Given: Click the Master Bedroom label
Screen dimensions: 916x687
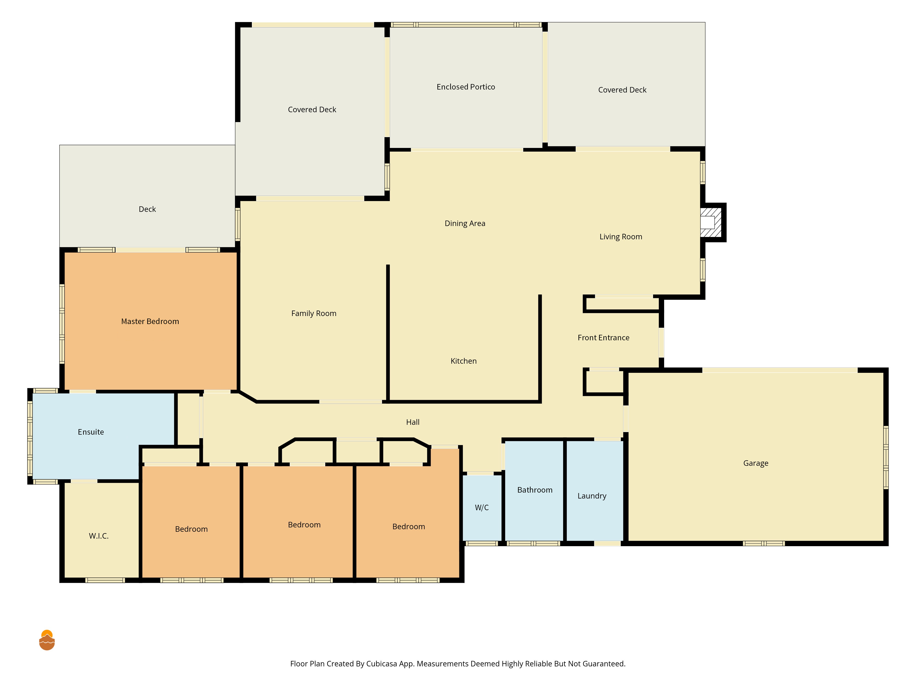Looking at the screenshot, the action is pyautogui.click(x=150, y=321).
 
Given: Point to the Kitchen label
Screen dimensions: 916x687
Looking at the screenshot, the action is pyautogui.click(x=463, y=361).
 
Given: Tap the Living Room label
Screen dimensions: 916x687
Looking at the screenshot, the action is pyautogui.click(x=621, y=237).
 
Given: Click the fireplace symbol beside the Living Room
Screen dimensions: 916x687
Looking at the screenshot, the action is pyautogui.click(x=711, y=222).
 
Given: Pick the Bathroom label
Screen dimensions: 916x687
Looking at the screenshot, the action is pyautogui.click(x=535, y=490).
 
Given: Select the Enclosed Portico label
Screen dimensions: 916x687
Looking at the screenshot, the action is pyautogui.click(x=466, y=87).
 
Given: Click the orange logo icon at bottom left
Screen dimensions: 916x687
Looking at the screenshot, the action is pyautogui.click(x=47, y=640).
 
